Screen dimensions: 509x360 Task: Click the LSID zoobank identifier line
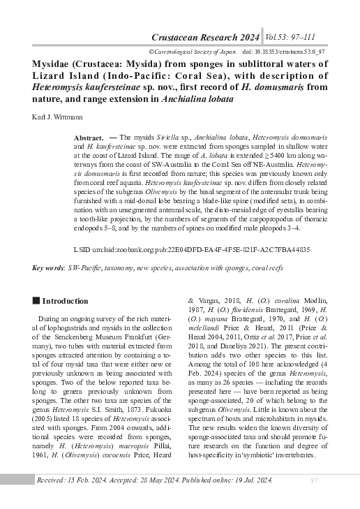192,249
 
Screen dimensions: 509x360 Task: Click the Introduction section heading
65,301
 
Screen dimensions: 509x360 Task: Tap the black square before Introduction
36,301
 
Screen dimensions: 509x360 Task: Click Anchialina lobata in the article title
198,99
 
